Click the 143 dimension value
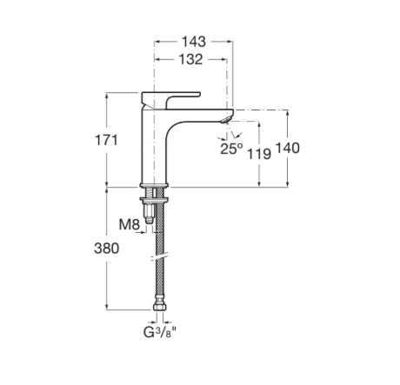[193, 42]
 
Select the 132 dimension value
[190, 59]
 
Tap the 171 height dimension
[106, 140]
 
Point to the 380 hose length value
[106, 249]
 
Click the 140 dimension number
[287, 148]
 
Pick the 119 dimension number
[259, 154]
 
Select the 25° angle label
[231, 149]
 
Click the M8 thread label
[130, 224]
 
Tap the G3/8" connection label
[160, 332]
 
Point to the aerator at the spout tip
[226, 119]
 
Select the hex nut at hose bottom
[159, 307]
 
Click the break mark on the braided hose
[159, 257]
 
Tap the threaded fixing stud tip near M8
[150, 221]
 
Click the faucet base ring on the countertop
[154, 185]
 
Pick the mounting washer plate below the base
[154, 199]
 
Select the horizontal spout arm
[200, 115]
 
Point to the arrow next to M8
[140, 232]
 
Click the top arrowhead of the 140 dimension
[287, 113]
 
